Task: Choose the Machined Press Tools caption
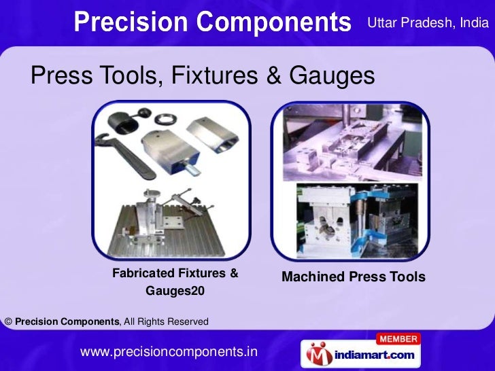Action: pyautogui.click(x=353, y=277)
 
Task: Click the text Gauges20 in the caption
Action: pyautogui.click(x=175, y=291)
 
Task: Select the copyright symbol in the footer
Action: pyautogui.click(x=7, y=321)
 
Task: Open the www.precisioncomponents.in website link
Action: pyautogui.click(x=169, y=352)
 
